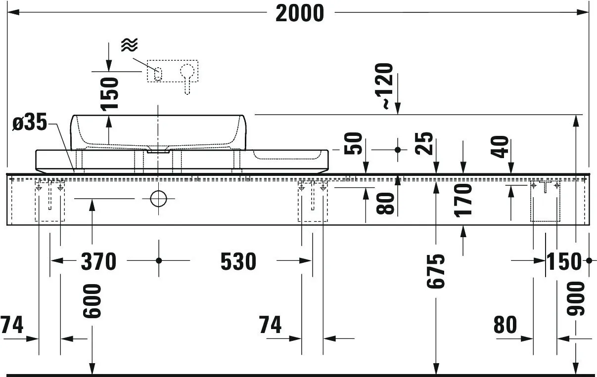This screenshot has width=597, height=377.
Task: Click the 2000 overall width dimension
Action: pyautogui.click(x=299, y=13)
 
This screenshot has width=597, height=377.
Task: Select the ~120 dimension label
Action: pyautogui.click(x=386, y=85)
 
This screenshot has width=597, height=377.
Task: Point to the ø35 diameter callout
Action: pyautogui.click(x=29, y=123)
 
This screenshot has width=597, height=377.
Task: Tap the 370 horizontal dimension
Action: pyautogui.click(x=98, y=261)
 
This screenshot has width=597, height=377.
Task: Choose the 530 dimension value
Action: pyautogui.click(x=238, y=261)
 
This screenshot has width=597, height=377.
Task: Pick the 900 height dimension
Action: pyautogui.click(x=576, y=298)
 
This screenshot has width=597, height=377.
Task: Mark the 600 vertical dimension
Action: pyautogui.click(x=92, y=301)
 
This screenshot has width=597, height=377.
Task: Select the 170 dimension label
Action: pyautogui.click(x=464, y=200)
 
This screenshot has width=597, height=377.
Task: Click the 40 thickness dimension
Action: pyautogui.click(x=501, y=147)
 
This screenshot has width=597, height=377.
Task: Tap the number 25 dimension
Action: pyautogui.click(x=425, y=143)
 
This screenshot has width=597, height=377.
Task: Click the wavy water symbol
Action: pyautogui.click(x=129, y=45)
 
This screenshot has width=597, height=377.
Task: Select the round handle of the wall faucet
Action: pyautogui.click(x=187, y=71)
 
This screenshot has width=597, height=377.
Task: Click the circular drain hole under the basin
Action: pyautogui.click(x=158, y=199)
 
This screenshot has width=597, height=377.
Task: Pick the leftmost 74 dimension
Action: pyautogui.click(x=12, y=325)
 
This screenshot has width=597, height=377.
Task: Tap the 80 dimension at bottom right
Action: pyautogui.click(x=505, y=325)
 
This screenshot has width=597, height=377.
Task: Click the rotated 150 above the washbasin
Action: pyautogui.click(x=109, y=94)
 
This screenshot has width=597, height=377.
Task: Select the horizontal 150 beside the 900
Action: pyautogui.click(x=564, y=261)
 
